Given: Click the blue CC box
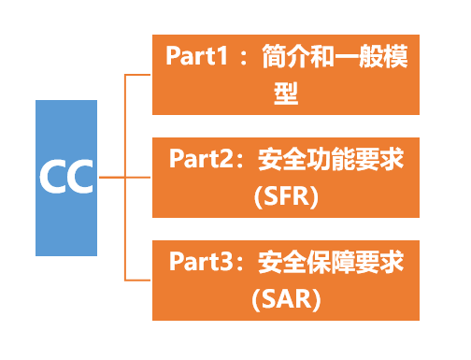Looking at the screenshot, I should point(66,178).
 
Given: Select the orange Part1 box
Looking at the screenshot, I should point(286,75).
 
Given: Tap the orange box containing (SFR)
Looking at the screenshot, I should point(286,178).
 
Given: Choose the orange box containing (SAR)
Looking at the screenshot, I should point(286,280).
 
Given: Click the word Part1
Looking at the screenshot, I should point(197,55).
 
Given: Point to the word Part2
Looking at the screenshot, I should point(200,159).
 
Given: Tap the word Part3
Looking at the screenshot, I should point(200,261).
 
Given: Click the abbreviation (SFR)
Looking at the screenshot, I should point(286,197).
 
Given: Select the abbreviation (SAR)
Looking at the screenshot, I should point(286,299).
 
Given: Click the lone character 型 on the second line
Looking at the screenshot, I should point(286,95).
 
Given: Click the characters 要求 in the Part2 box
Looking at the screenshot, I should point(381,159).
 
